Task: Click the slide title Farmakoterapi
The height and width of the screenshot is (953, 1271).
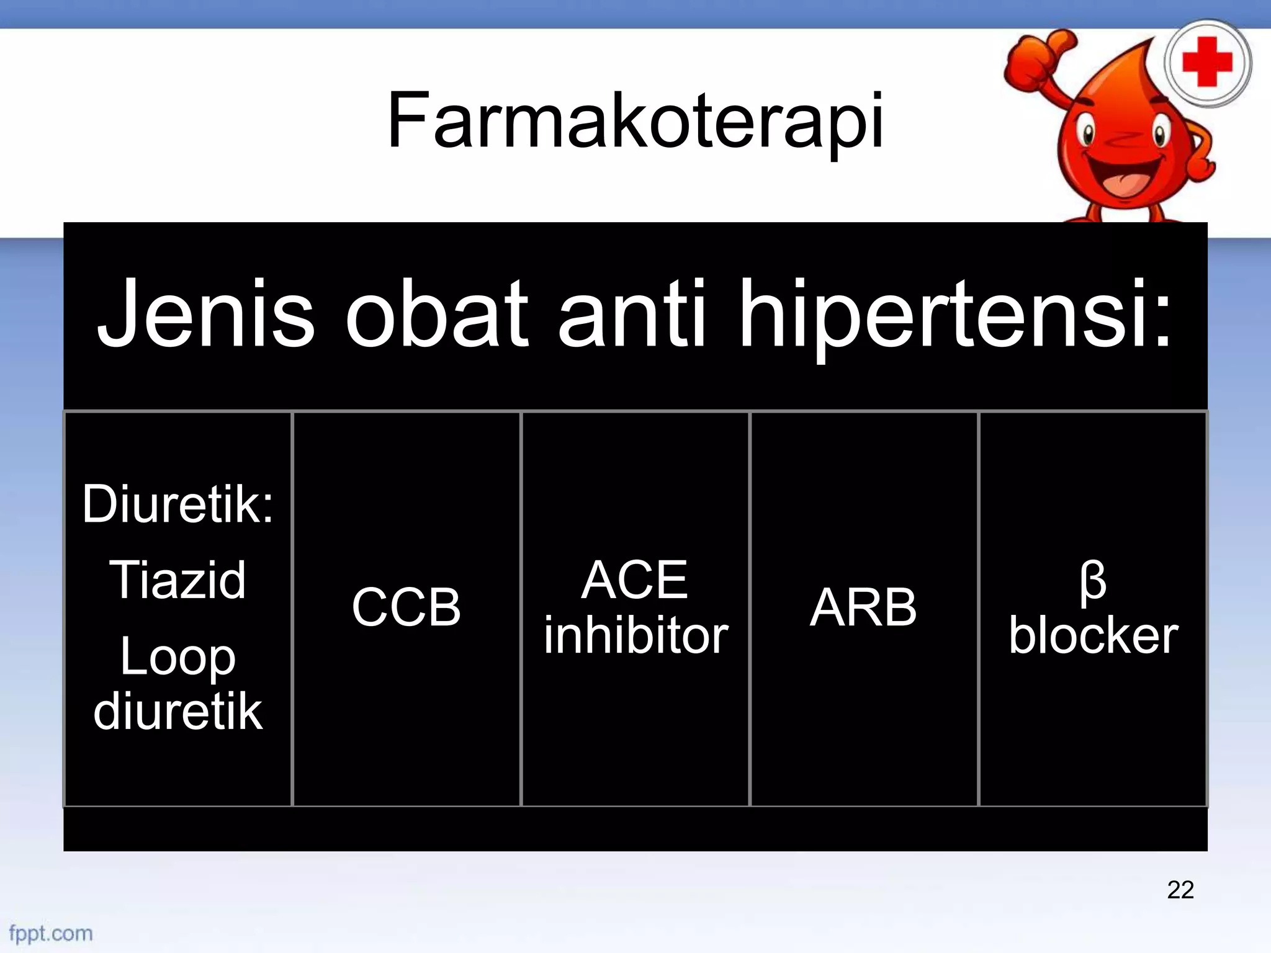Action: [635, 121]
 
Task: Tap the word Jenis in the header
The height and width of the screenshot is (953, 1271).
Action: [205, 314]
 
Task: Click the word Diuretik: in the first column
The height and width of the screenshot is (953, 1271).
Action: [177, 504]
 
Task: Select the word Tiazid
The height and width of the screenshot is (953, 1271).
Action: [177, 580]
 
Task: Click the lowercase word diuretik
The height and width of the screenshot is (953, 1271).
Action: [177, 711]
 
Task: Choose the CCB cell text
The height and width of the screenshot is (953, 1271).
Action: [406, 607]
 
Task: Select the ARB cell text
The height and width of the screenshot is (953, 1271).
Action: [863, 607]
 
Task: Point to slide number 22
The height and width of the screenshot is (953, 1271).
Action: [1180, 890]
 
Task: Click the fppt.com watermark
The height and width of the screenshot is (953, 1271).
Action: [51, 933]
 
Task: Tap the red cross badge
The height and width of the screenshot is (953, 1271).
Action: [1207, 63]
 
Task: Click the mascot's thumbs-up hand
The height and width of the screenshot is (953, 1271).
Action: [1038, 59]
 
